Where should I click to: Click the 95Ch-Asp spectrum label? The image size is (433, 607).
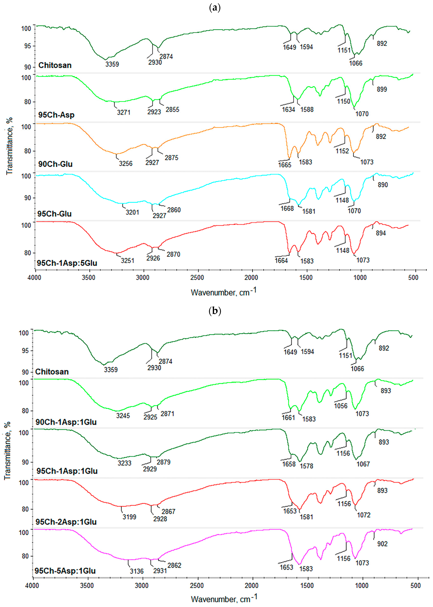[x=56, y=115]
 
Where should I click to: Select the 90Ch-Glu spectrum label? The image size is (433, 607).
[x=55, y=164]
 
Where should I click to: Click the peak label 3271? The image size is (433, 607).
[x=124, y=113]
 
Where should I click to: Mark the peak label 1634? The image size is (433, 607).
[x=289, y=110]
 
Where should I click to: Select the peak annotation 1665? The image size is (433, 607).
[x=285, y=165]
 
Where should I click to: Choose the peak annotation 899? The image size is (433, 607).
[x=382, y=89]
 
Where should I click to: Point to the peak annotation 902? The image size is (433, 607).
[x=382, y=544]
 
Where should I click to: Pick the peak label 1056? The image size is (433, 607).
[x=341, y=406]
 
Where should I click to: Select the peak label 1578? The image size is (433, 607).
[x=306, y=466]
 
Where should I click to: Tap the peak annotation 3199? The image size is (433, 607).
[x=129, y=517]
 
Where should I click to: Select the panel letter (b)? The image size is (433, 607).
[x=215, y=311]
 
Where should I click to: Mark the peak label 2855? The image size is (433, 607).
[x=173, y=110]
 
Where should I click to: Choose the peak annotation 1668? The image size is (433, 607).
[x=287, y=208]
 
